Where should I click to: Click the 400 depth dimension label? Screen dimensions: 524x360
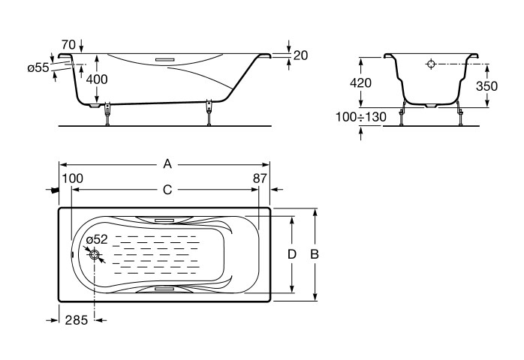[x=97, y=79]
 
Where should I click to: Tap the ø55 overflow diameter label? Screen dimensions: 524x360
[x=38, y=68]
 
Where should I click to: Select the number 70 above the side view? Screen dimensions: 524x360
[x=68, y=44]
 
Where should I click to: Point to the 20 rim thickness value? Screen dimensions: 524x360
[x=300, y=55]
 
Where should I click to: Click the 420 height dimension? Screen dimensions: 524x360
[x=360, y=82]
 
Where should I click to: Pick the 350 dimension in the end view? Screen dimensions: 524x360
[x=487, y=86]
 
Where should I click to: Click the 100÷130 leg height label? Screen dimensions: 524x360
[x=361, y=117]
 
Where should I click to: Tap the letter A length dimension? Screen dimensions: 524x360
[x=167, y=164]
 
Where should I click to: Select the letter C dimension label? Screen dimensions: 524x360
[x=167, y=190]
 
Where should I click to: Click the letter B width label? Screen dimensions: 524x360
[x=314, y=254]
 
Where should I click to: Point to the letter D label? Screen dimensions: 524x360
[x=292, y=254]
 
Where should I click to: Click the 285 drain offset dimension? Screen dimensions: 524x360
[x=76, y=320]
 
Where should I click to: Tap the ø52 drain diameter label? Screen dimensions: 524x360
[x=97, y=239]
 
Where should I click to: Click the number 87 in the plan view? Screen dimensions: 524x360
[x=260, y=178]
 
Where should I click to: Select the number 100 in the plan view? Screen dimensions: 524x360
[x=73, y=178]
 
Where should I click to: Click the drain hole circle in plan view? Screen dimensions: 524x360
[x=95, y=254]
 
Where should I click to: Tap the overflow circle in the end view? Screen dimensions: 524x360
[x=431, y=64]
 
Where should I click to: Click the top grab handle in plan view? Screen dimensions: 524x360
[x=164, y=220]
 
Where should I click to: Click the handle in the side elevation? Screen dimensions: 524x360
[x=164, y=60]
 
